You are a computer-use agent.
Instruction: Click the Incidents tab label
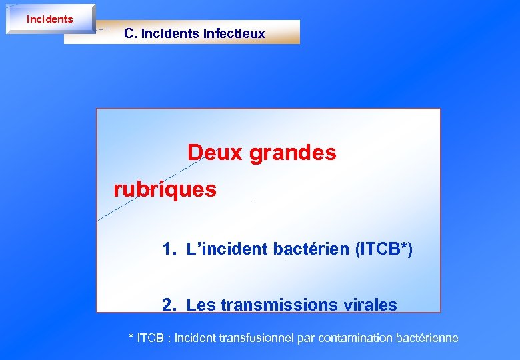tap(49, 19)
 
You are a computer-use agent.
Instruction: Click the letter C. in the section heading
tap(131, 33)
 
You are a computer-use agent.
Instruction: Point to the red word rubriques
tap(165, 190)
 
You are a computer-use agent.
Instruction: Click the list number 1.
tap(169, 249)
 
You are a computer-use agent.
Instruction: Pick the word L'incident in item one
tap(227, 249)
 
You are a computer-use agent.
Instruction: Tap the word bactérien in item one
tap(313, 249)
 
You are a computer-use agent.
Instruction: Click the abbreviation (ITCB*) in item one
tap(385, 249)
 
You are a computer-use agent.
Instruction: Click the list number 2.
tap(169, 305)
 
